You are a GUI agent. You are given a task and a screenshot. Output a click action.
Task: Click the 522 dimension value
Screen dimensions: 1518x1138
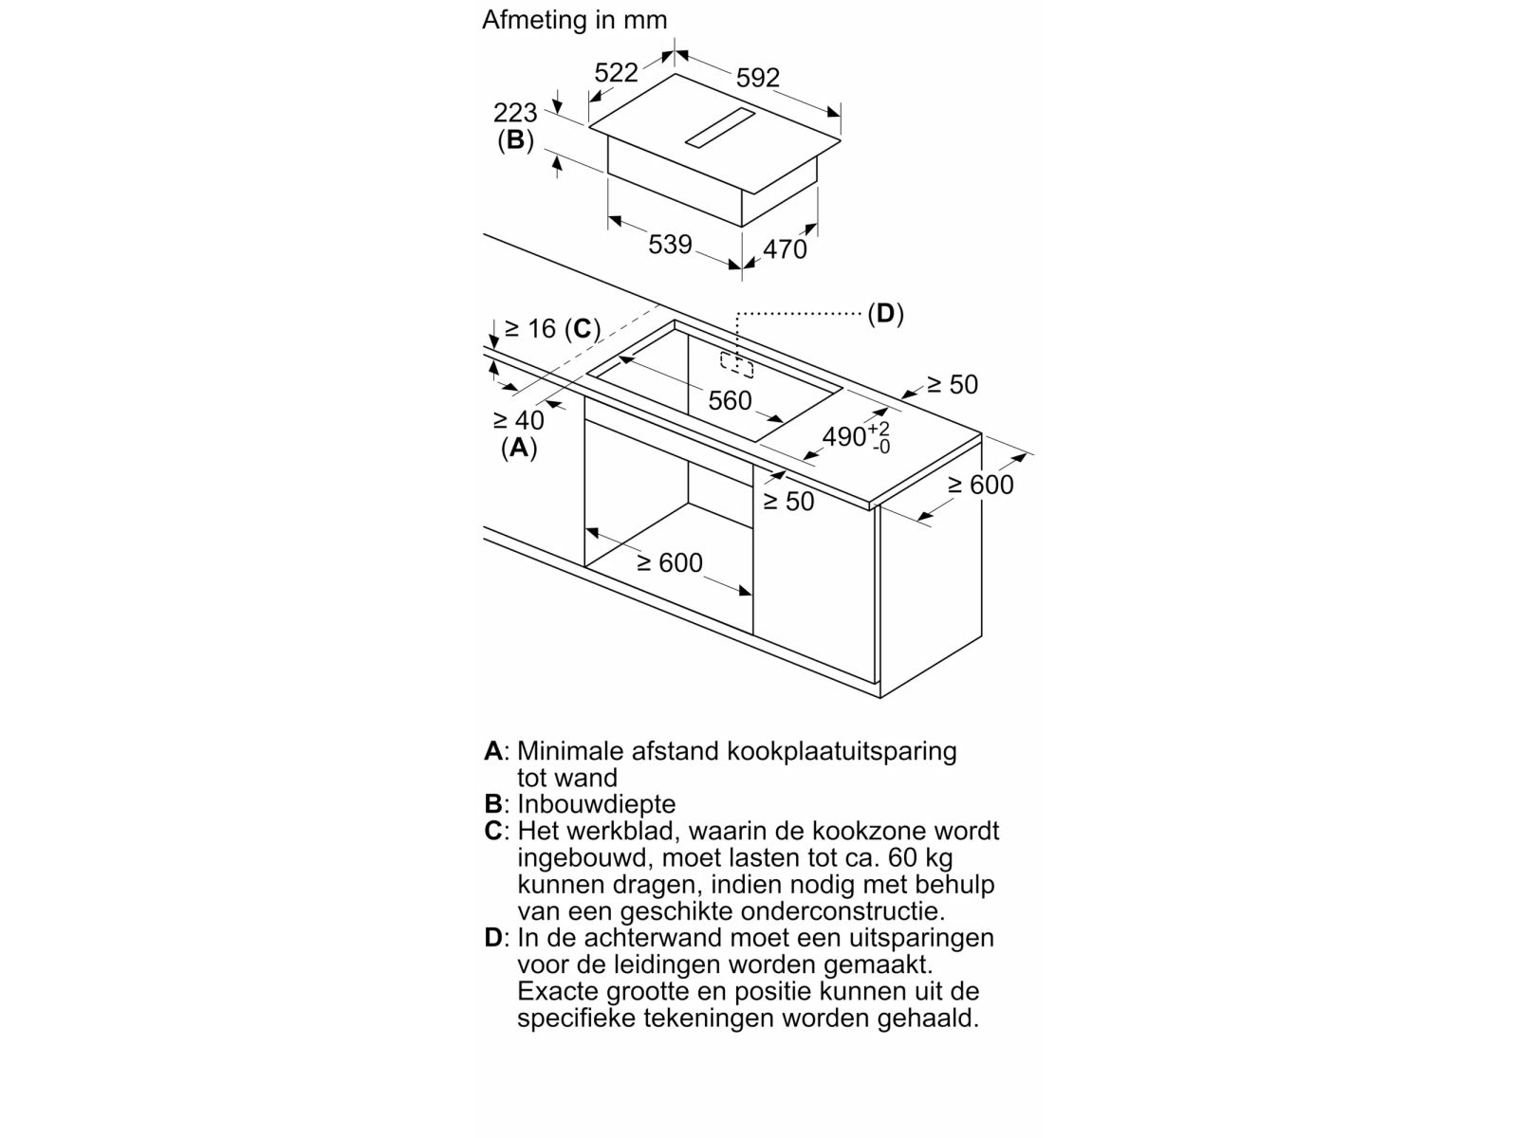point(616,73)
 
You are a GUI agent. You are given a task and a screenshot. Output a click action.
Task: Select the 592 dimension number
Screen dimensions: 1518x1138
point(757,78)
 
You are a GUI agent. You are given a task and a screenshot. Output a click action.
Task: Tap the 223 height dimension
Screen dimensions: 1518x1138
point(515,113)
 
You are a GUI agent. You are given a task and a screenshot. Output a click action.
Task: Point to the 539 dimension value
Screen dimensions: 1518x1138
point(670,244)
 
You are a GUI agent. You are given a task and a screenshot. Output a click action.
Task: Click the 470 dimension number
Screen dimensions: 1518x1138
point(785,248)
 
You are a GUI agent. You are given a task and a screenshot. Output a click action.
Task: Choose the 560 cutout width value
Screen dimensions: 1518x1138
point(730,401)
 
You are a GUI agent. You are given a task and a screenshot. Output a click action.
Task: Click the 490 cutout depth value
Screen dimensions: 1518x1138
point(844,436)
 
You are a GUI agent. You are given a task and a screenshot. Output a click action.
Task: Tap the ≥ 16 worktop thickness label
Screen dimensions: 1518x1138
point(529,328)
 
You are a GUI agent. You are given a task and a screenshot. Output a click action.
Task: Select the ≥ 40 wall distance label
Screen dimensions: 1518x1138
point(519,420)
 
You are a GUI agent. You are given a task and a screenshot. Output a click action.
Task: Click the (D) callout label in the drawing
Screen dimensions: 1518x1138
point(885,314)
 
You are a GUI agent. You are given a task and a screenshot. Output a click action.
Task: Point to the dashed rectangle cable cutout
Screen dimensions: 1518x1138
point(736,365)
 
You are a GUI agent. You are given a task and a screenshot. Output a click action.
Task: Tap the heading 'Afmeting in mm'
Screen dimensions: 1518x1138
point(575,20)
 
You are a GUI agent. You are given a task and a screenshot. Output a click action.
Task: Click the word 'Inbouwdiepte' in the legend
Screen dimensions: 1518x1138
point(596,803)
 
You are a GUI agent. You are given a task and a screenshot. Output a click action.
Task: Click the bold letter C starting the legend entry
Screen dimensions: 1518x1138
point(493,831)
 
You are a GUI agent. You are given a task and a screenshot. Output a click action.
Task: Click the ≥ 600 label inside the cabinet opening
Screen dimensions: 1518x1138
point(670,563)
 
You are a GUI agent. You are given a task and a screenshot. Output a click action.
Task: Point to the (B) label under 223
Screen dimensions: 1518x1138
point(516,140)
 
